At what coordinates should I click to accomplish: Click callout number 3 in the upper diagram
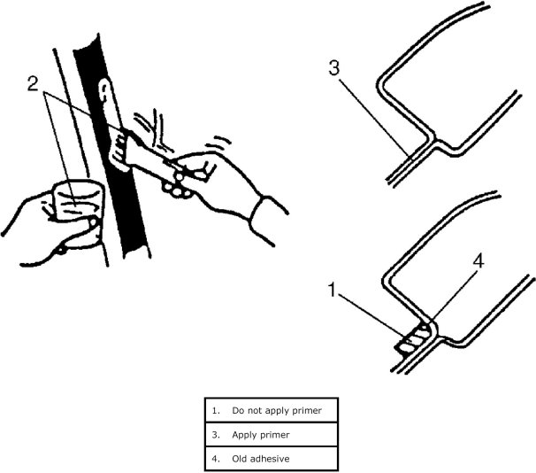(x=334, y=68)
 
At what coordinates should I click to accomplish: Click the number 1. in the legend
(x=216, y=411)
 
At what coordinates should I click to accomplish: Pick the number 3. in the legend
(x=216, y=435)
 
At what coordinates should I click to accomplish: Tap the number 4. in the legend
(x=216, y=459)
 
